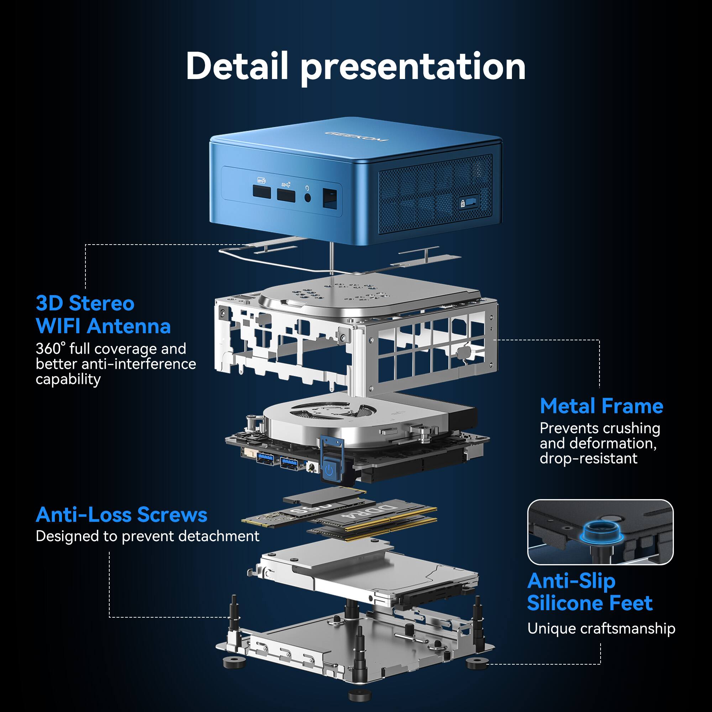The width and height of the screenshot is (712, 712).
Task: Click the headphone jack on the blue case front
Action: point(307,198)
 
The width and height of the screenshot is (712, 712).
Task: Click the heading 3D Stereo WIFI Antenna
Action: point(103,315)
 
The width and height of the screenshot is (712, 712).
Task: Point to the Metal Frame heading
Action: point(601,407)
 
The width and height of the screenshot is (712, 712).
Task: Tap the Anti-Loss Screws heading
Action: point(121,514)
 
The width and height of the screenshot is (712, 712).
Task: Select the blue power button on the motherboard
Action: point(329,471)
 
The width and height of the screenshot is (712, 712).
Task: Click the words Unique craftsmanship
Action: point(601,629)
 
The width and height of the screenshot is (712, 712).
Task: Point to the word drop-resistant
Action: point(588,459)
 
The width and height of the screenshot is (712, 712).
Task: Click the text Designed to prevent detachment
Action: point(147,536)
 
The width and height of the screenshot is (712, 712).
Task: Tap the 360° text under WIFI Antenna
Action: point(51,349)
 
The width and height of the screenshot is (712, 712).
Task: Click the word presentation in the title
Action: point(413,68)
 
